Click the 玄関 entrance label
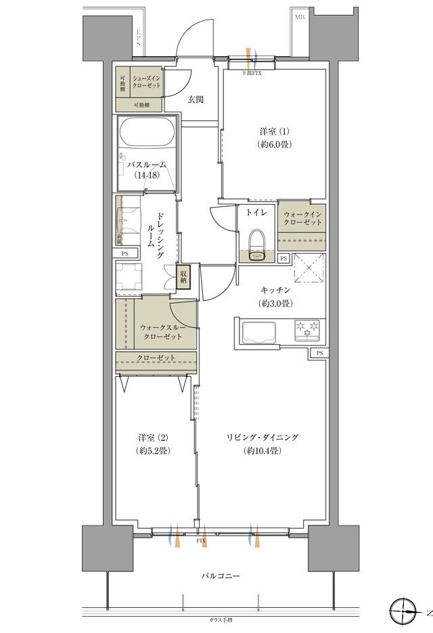pyautogui.click(x=196, y=99)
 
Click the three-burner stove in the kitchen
pyautogui.click(x=308, y=331)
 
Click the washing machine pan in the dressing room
pyautogui.click(x=132, y=277)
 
